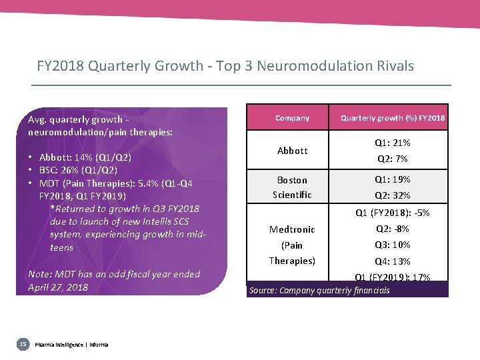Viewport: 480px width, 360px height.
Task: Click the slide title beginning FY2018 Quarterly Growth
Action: point(225,66)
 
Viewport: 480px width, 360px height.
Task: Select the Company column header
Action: point(292,118)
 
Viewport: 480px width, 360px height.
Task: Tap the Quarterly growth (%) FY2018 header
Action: point(393,118)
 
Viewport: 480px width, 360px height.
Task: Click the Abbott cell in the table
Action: point(292,151)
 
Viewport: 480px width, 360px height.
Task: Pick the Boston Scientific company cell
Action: point(292,187)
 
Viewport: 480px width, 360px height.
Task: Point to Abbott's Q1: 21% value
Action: point(392,143)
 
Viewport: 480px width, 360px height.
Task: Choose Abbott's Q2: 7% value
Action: point(392,159)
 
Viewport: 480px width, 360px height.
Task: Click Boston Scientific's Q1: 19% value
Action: point(392,179)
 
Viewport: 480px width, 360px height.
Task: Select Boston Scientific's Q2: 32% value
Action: point(392,196)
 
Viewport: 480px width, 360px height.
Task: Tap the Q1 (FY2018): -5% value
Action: point(392,213)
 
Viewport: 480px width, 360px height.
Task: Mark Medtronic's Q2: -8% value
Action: point(392,229)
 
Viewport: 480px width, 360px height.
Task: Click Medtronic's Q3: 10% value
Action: point(392,245)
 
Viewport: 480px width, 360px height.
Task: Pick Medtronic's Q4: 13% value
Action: point(392,261)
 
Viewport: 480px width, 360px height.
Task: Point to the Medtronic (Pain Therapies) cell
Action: point(292,245)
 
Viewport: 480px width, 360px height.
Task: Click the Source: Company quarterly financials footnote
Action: point(319,290)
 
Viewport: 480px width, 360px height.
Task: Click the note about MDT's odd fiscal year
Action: point(114,281)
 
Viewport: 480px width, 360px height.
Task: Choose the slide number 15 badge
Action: point(23,344)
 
